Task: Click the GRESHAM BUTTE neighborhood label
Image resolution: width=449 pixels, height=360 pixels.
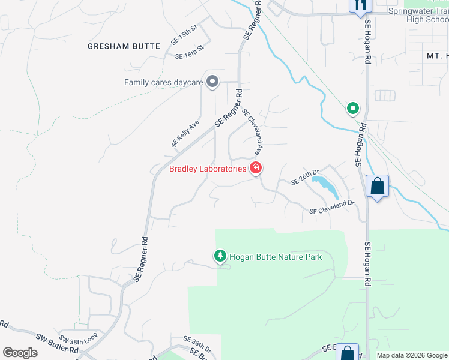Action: [x=124, y=46]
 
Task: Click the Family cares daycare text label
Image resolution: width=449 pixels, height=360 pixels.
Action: [x=163, y=82]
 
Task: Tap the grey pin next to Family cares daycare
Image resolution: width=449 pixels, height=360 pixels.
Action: [x=212, y=82]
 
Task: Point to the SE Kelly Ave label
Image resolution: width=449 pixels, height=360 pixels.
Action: [x=185, y=134]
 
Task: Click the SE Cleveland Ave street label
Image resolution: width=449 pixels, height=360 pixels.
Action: [x=253, y=130]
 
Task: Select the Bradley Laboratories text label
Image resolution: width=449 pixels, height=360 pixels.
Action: [x=208, y=169]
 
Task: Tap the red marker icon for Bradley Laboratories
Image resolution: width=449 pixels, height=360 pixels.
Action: [x=256, y=168]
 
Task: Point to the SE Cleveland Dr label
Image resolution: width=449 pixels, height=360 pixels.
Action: [x=332, y=208]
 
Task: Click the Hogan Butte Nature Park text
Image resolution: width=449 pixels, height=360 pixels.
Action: [x=276, y=257]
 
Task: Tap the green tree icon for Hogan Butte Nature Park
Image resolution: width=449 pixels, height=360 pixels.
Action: [x=220, y=256]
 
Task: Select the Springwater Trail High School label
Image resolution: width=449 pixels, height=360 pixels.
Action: [x=418, y=15]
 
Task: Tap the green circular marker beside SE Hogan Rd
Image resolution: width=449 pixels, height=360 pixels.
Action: [x=353, y=109]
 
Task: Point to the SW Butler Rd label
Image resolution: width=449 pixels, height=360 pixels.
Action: [x=57, y=344]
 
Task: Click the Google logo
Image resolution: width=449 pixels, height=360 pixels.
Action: [x=20, y=352]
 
